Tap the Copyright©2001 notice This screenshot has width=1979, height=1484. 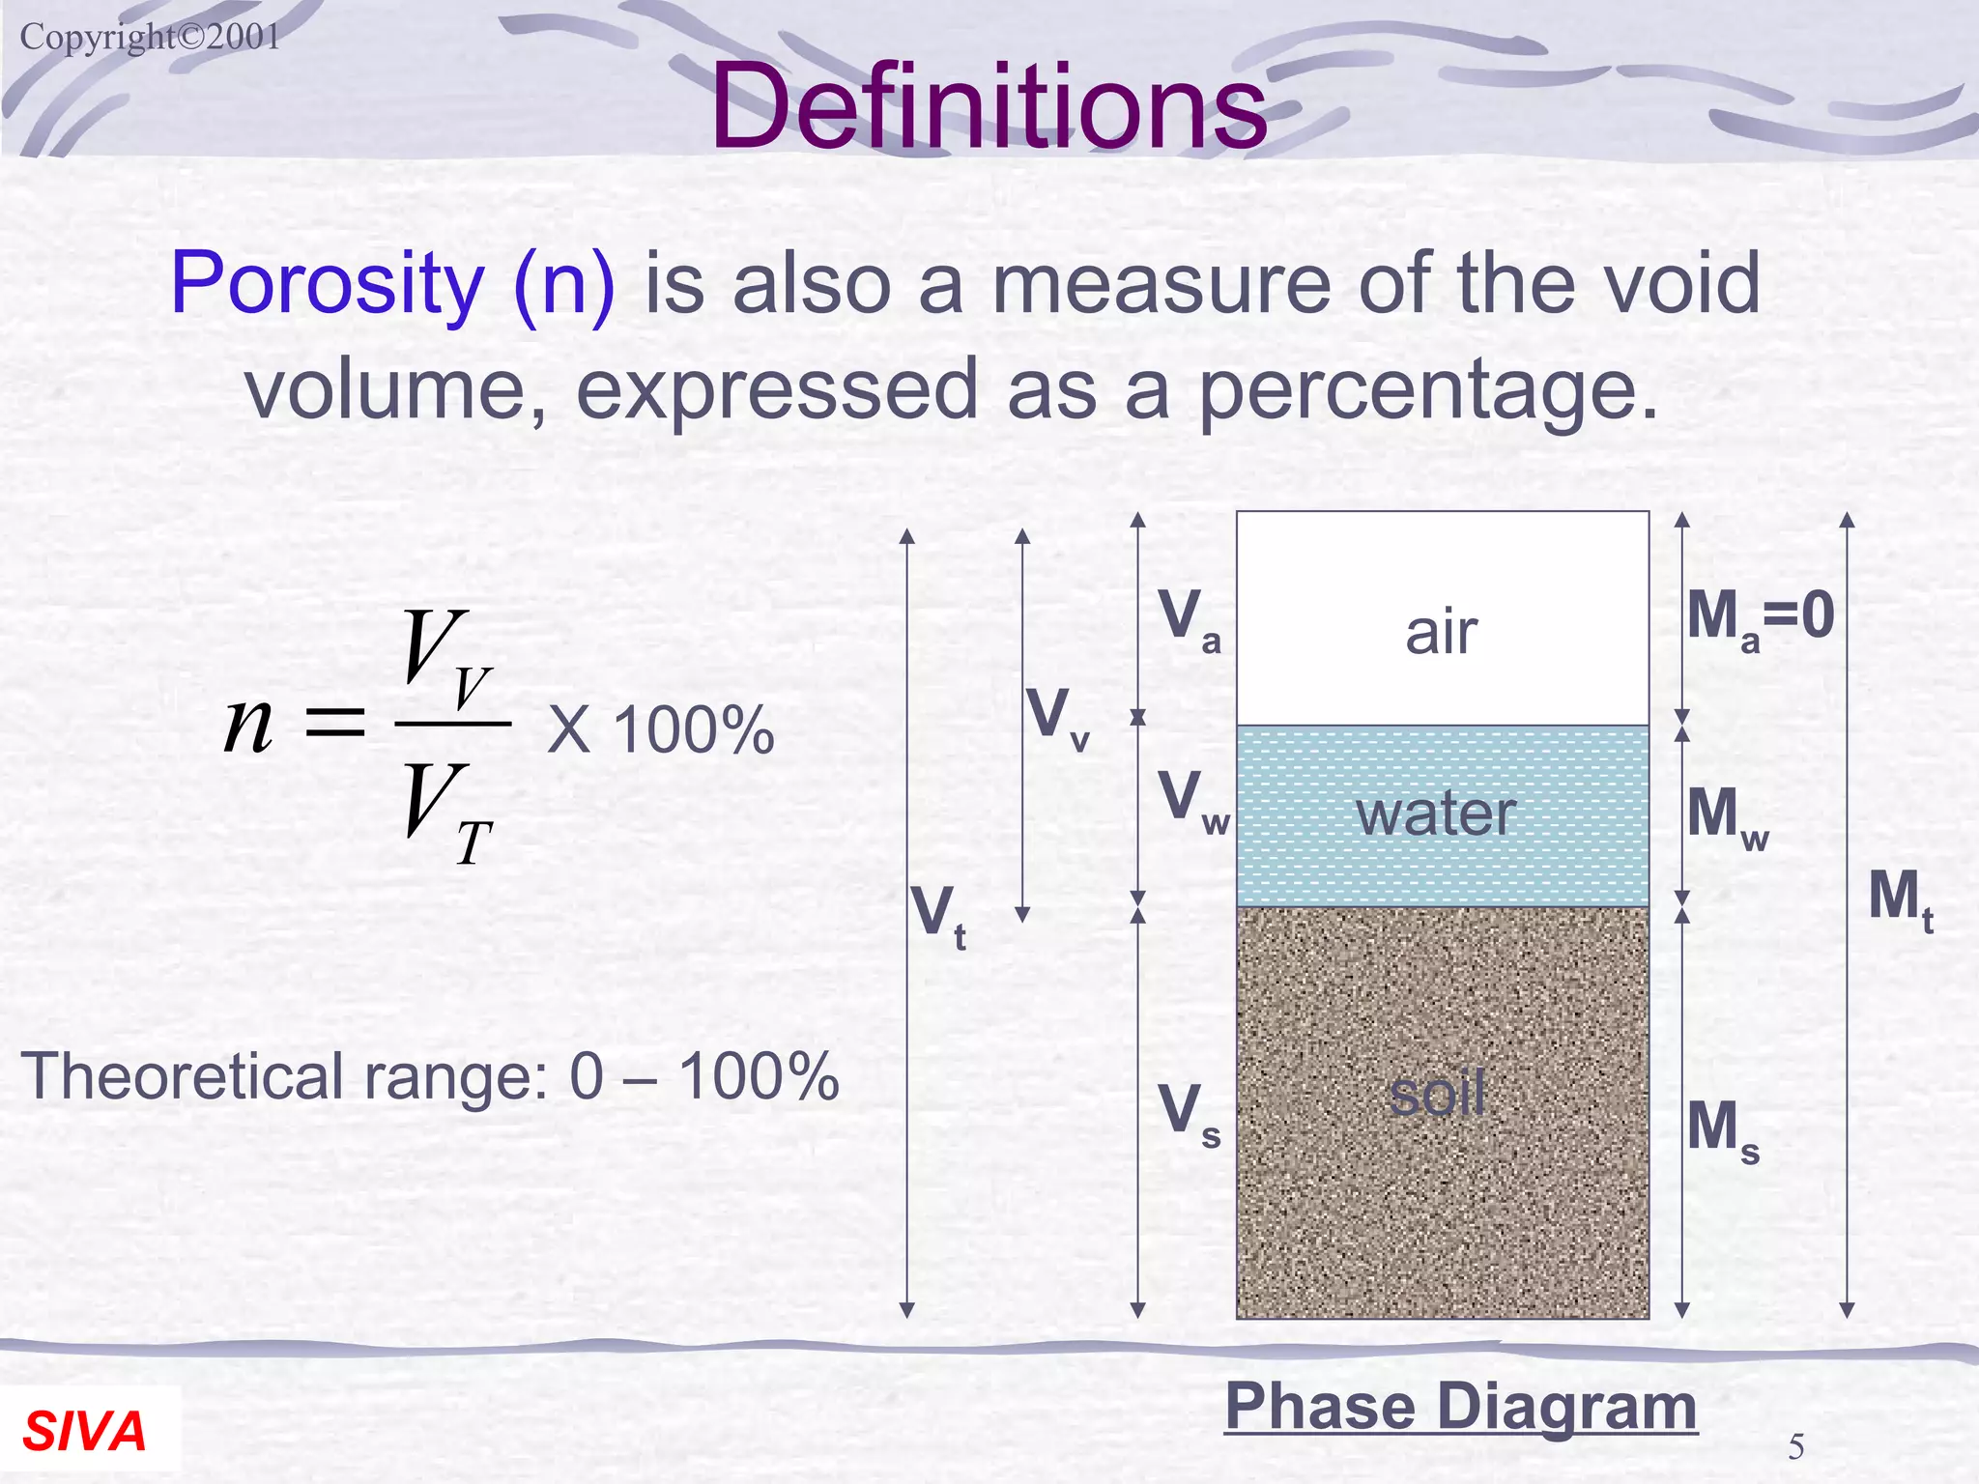(x=150, y=38)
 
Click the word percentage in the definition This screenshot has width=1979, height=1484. (x=1428, y=390)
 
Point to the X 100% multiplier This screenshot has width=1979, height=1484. (x=661, y=729)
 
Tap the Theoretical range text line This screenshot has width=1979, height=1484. (x=430, y=1076)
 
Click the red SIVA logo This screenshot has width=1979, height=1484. (x=84, y=1431)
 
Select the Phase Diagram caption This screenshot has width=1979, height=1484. (x=1460, y=1407)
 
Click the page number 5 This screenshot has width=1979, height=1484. (x=1795, y=1446)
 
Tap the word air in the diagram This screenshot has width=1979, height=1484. (x=1441, y=633)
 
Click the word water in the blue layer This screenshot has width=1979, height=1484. (x=1436, y=813)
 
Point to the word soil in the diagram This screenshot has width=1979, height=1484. (x=1437, y=1095)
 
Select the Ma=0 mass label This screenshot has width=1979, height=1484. (x=1760, y=618)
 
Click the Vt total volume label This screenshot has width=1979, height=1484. (x=938, y=916)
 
